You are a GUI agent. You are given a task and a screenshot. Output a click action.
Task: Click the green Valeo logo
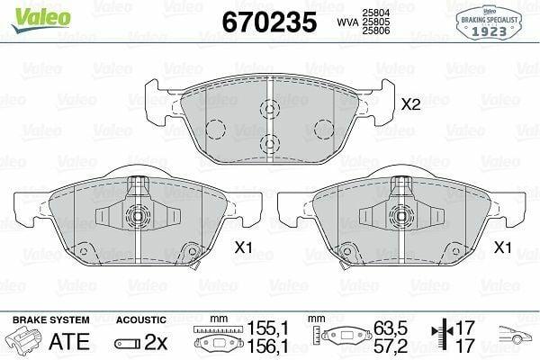(41, 19)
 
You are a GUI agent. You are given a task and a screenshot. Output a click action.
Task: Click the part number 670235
(269, 22)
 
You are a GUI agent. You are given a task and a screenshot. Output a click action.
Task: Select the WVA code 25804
(375, 13)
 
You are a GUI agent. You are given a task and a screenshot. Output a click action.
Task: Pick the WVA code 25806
(375, 31)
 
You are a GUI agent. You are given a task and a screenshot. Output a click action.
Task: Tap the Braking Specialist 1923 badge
(489, 23)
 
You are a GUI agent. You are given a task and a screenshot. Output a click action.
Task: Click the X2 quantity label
(411, 104)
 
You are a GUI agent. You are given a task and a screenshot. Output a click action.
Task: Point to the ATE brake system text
(69, 341)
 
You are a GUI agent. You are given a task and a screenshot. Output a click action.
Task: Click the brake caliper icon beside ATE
(24, 340)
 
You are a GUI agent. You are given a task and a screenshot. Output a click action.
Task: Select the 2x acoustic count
(156, 342)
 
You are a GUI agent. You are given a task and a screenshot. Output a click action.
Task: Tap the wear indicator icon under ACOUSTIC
(128, 344)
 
